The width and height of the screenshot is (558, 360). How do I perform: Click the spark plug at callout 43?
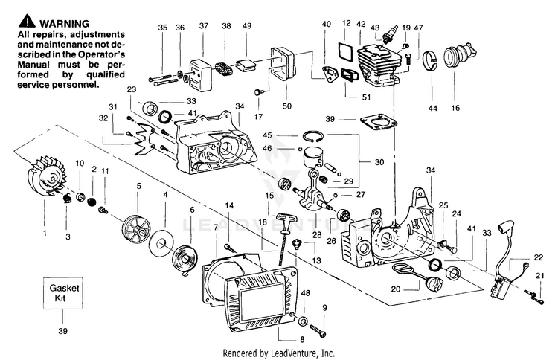[388, 36]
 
